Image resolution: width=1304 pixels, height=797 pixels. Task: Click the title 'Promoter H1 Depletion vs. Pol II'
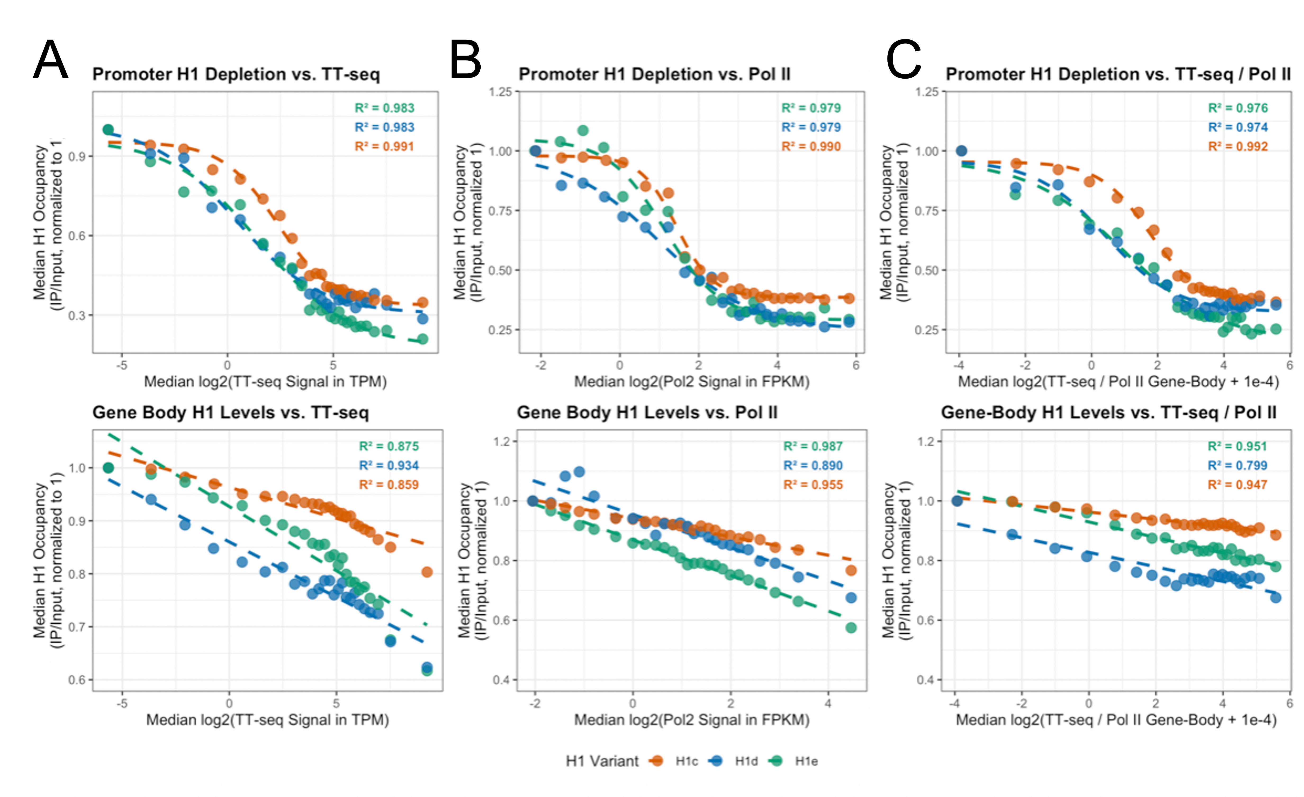pos(655,74)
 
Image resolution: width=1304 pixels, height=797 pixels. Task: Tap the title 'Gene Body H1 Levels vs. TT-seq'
pos(230,412)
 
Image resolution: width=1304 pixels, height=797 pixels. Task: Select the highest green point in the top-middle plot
pos(583,130)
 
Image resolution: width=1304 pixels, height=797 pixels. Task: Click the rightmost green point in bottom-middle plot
pos(851,628)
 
